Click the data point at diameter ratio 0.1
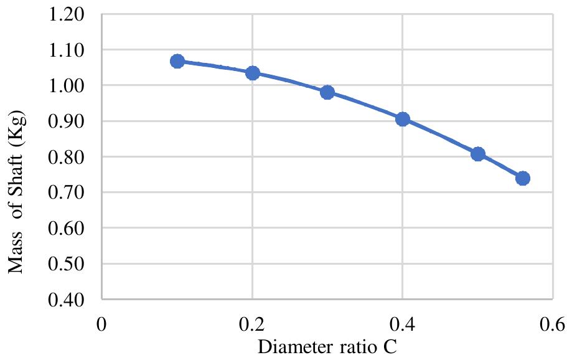pyautogui.click(x=177, y=61)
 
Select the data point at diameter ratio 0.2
pyautogui.click(x=252, y=73)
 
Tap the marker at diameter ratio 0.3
pyautogui.click(x=327, y=93)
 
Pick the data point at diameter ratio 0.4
pyautogui.click(x=403, y=119)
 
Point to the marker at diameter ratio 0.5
pyautogui.click(x=478, y=154)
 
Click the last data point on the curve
pyautogui.click(x=523, y=178)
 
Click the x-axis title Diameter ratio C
pyautogui.click(x=327, y=346)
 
